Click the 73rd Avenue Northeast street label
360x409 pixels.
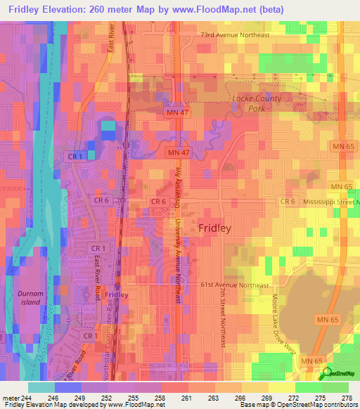(235, 34)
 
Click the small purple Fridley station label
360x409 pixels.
(116, 295)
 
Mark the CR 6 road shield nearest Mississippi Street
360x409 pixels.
(287, 202)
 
